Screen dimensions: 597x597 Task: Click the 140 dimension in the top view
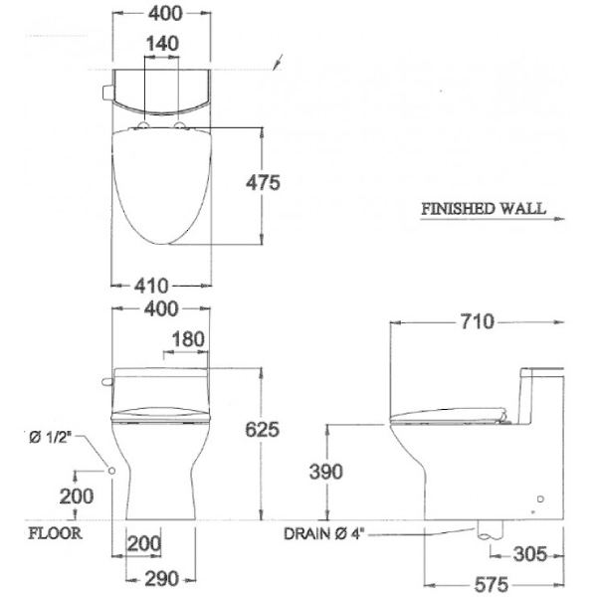(162, 44)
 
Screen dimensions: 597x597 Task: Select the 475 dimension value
(263, 182)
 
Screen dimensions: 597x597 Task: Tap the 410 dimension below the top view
(151, 286)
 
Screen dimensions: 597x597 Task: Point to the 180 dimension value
(188, 339)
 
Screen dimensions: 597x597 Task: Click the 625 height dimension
(262, 430)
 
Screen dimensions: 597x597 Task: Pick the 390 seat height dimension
(326, 472)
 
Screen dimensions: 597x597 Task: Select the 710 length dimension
(477, 321)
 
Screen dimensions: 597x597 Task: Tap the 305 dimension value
(530, 554)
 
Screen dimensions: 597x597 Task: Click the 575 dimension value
(492, 584)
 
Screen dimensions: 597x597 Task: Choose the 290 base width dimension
(161, 579)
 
